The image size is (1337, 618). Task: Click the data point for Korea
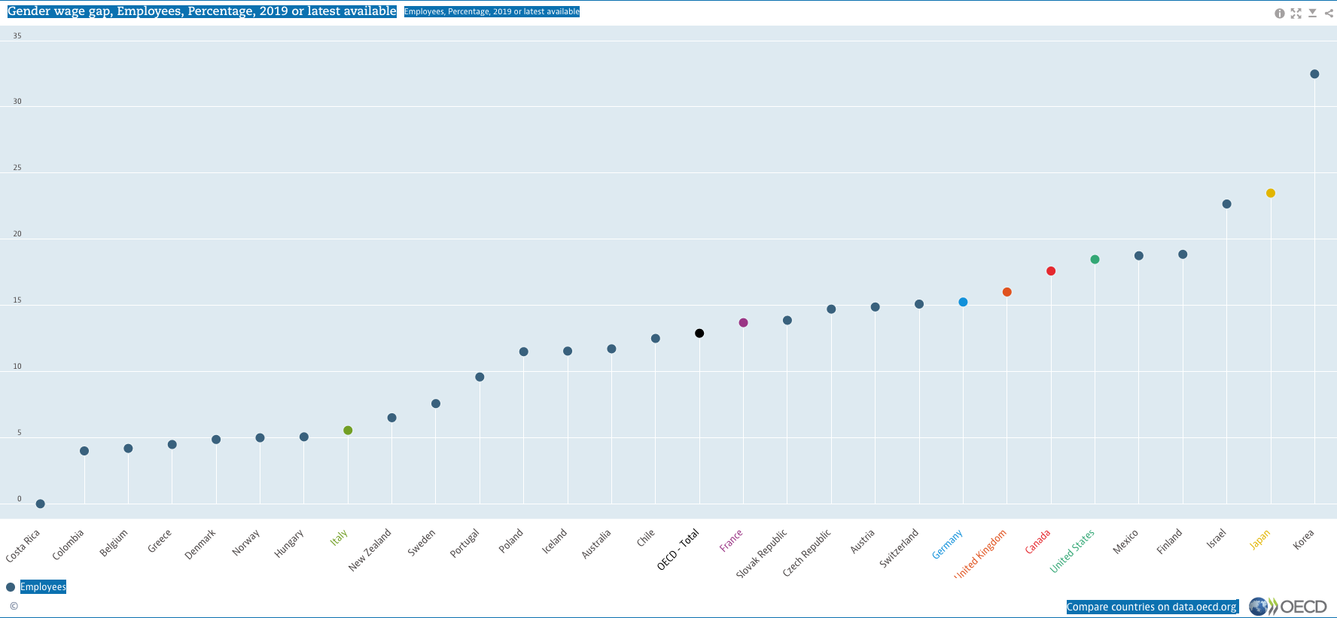coord(1314,74)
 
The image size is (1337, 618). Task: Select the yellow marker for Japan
coord(1271,193)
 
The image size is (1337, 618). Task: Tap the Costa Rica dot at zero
coord(41,504)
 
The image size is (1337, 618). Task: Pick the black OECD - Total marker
coord(699,333)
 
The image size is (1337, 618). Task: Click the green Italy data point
coord(348,431)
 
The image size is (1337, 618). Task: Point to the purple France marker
coord(743,323)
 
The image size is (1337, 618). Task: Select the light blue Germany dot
coord(963,302)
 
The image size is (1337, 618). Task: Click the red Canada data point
coord(1051,271)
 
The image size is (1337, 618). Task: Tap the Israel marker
coord(1226,204)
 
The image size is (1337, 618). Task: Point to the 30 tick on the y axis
coord(17,102)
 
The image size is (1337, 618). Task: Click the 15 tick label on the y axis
coord(17,300)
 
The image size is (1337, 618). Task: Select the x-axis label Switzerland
coord(900,548)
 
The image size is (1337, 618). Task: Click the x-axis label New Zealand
coord(370,550)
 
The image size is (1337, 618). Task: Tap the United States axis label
coord(1072,551)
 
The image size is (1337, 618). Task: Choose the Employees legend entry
coord(43,587)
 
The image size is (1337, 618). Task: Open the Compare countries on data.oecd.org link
coord(1152,607)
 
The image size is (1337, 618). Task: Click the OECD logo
coord(1288,607)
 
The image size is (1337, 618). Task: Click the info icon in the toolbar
coord(1279,14)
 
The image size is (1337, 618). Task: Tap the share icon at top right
coord(1329,14)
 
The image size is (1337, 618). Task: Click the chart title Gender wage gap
coord(202,11)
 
